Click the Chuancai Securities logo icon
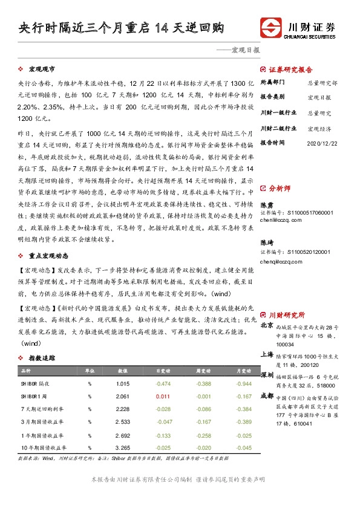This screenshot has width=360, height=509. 270,28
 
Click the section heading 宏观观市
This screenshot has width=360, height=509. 44,70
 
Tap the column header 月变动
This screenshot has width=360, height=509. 244,371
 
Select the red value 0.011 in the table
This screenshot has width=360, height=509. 162,396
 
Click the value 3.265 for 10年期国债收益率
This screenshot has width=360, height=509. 123,447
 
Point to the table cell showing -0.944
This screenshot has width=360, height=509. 244,383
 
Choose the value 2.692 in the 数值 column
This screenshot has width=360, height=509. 123,435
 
